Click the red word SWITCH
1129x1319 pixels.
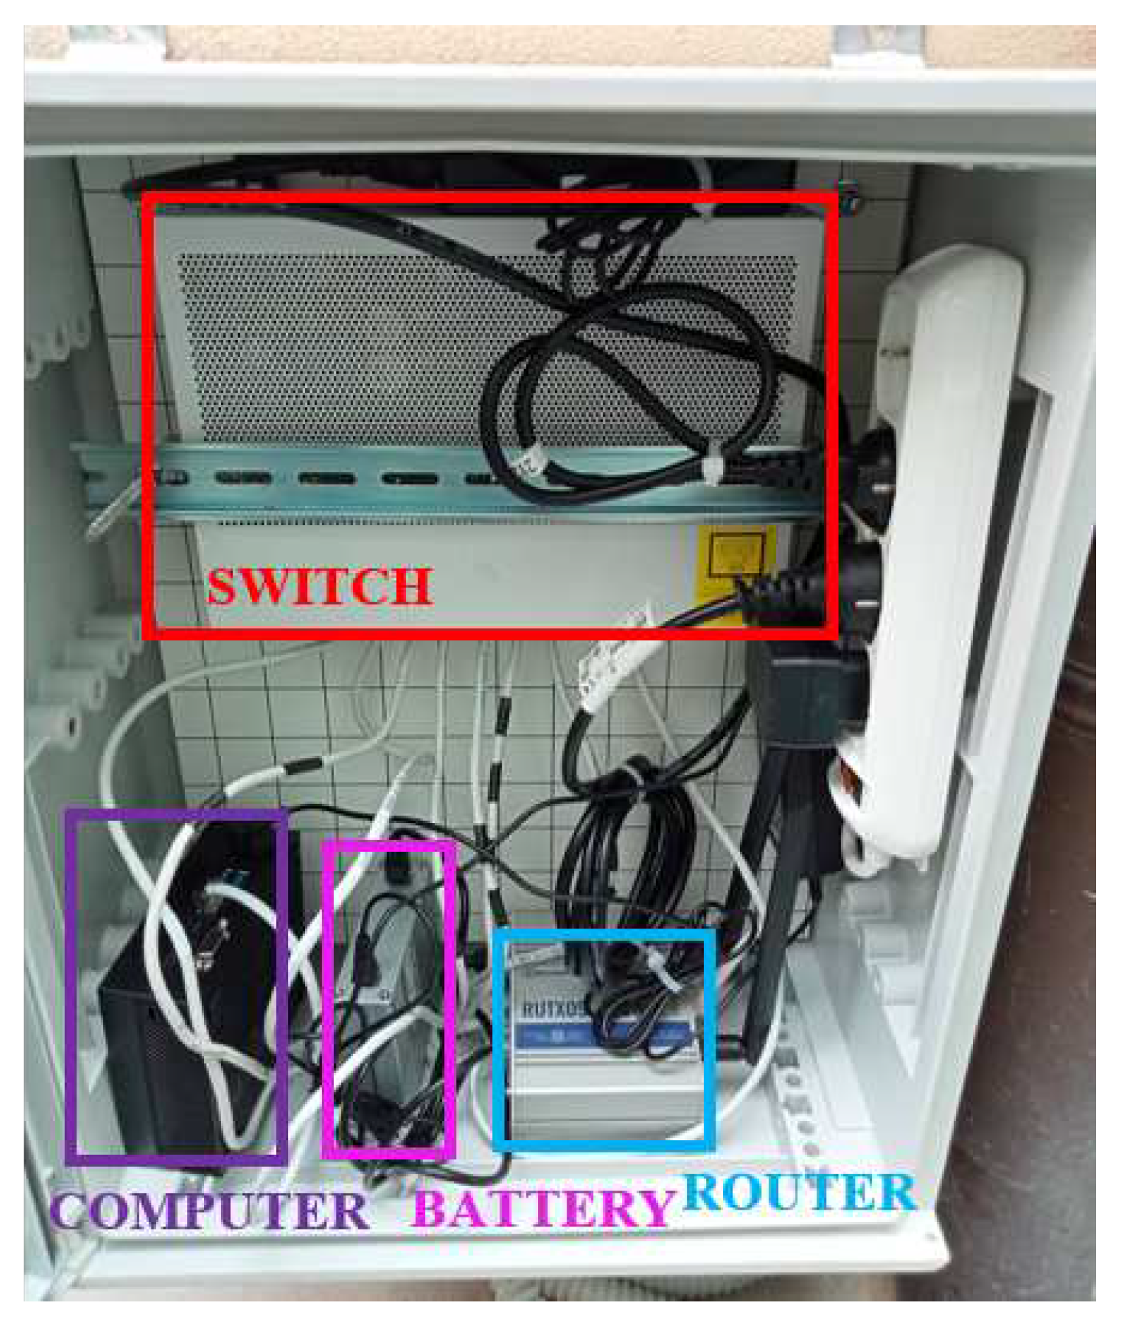(320, 587)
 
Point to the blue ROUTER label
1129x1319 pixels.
(799, 1191)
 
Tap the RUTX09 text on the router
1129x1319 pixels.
(552, 1009)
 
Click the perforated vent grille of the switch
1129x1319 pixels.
(344, 344)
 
